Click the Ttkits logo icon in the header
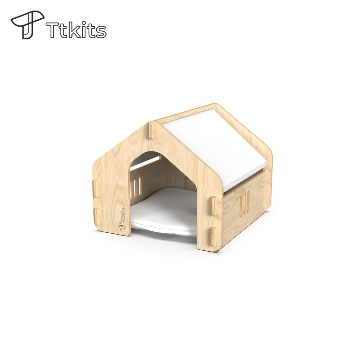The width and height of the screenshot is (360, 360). tap(27, 24)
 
